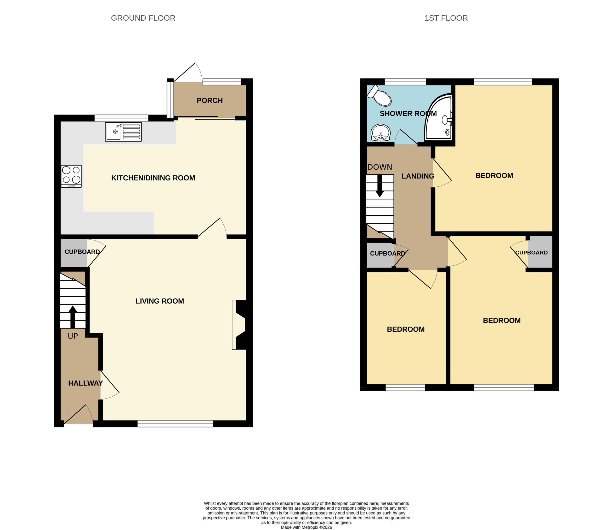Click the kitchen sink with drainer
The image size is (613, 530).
[123, 132]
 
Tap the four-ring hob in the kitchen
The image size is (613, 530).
[71, 176]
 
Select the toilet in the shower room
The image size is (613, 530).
[379, 95]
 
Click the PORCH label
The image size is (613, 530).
[210, 101]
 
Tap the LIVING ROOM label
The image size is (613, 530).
[160, 301]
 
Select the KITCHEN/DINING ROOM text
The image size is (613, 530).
[153, 178]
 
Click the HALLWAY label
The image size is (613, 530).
[85, 383]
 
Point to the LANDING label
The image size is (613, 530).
[418, 176]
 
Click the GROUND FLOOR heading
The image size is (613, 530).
[143, 18]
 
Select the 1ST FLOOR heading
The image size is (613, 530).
[446, 18]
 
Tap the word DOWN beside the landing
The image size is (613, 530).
[380, 167]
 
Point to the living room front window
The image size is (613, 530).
[176, 424]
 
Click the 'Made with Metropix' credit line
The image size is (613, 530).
[306, 527]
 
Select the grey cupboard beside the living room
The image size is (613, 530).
[74, 253]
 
